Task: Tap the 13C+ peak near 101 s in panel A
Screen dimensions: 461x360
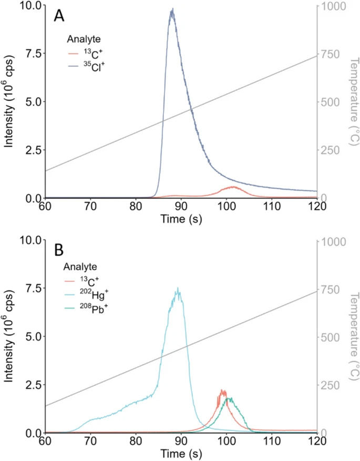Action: (x=232, y=187)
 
